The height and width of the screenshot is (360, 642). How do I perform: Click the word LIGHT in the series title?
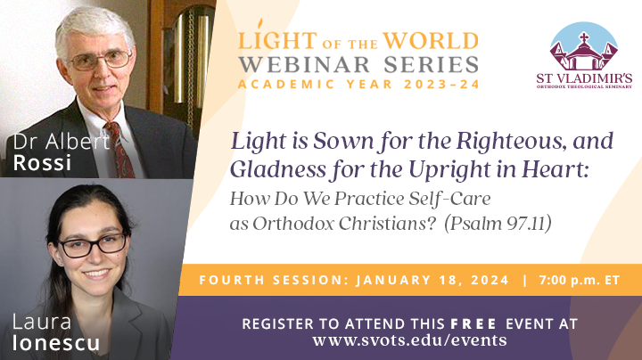pyautogui.click(x=272, y=41)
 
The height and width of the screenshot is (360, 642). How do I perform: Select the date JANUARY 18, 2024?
pyautogui.click(x=432, y=280)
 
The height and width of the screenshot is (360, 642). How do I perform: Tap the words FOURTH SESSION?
pyautogui.click(x=272, y=280)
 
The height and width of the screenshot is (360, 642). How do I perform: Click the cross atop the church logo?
pyautogui.click(x=584, y=37)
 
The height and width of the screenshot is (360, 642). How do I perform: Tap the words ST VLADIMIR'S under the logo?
pyautogui.click(x=584, y=79)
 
